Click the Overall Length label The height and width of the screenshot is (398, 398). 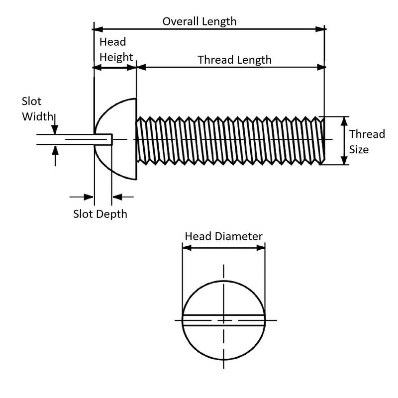pyautogui.click(x=199, y=21)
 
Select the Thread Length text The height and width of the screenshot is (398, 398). pyautogui.click(x=234, y=60)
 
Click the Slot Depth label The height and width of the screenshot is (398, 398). pyautogui.click(x=100, y=214)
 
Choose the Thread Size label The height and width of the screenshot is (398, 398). pyautogui.click(x=367, y=141)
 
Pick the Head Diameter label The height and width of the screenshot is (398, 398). pyautogui.click(x=223, y=236)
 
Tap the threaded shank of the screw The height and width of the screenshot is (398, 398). pyautogui.click(x=229, y=140)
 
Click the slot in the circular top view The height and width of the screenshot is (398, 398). pyautogui.click(x=223, y=320)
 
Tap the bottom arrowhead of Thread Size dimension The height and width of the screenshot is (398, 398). pyautogui.click(x=344, y=161)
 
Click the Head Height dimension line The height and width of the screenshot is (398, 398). pyautogui.click(x=115, y=67)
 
